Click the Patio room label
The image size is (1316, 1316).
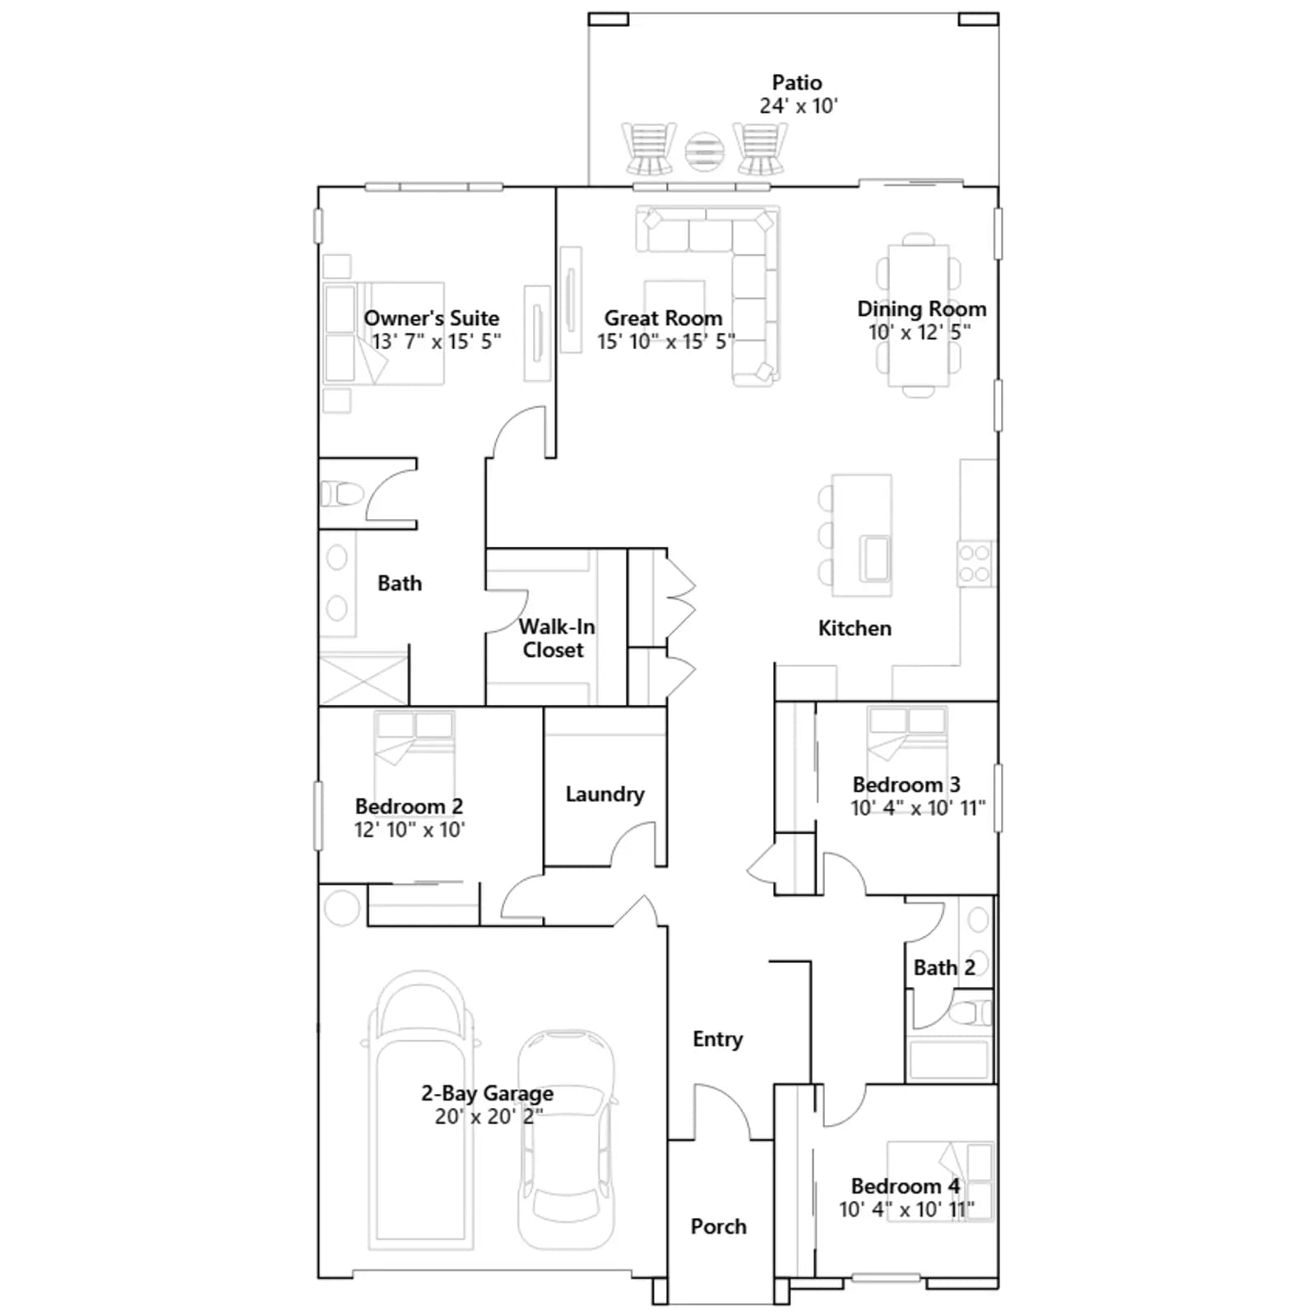pyautogui.click(x=797, y=82)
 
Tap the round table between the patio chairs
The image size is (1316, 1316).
pyautogui.click(x=704, y=151)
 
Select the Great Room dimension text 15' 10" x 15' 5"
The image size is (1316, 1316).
pyautogui.click(x=665, y=341)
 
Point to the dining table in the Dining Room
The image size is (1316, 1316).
pyautogui.click(x=918, y=315)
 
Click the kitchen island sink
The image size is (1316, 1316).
pyautogui.click(x=875, y=558)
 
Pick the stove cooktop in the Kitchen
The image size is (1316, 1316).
pyautogui.click(x=975, y=563)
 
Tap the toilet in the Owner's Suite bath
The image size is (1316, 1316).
pyautogui.click(x=342, y=493)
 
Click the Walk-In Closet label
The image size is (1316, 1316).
pyautogui.click(x=556, y=638)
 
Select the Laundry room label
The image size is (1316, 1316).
pyautogui.click(x=605, y=794)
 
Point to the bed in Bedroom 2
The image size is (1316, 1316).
pyautogui.click(x=415, y=753)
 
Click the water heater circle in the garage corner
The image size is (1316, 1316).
pyautogui.click(x=342, y=908)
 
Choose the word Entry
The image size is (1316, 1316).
pyautogui.click(x=717, y=1039)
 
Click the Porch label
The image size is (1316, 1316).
pyautogui.click(x=718, y=1226)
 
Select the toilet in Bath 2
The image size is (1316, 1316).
pyautogui.click(x=971, y=1012)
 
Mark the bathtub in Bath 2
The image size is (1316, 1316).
pyautogui.click(x=949, y=1060)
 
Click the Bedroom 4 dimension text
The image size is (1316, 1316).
pyautogui.click(x=906, y=1209)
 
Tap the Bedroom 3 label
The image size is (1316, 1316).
pyautogui.click(x=906, y=785)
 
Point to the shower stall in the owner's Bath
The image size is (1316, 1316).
pyautogui.click(x=363, y=679)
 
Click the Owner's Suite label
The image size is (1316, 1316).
pyautogui.click(x=432, y=318)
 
